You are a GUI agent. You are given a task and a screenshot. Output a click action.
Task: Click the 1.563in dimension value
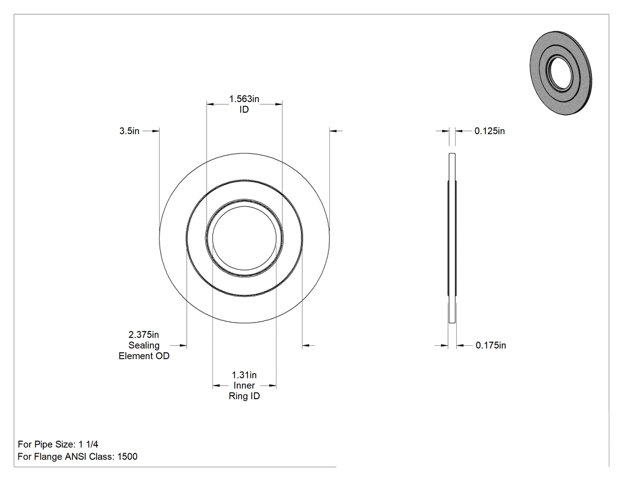tap(244, 99)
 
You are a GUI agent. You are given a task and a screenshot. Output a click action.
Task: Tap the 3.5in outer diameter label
tap(129, 130)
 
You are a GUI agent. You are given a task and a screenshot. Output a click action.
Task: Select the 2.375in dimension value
tap(144, 335)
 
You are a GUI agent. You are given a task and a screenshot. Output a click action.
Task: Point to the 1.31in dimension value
tap(244, 375)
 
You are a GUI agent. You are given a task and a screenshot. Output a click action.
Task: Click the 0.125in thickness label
tap(490, 130)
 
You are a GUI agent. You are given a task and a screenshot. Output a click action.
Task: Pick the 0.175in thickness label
tap(491, 345)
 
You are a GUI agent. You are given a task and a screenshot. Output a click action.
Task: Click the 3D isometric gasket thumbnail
tap(561, 72)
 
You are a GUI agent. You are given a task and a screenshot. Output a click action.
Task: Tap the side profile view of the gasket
tap(452, 238)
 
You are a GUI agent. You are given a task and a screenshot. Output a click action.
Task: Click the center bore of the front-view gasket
tap(244, 238)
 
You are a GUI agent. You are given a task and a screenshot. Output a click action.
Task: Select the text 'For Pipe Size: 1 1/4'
tap(58, 444)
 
